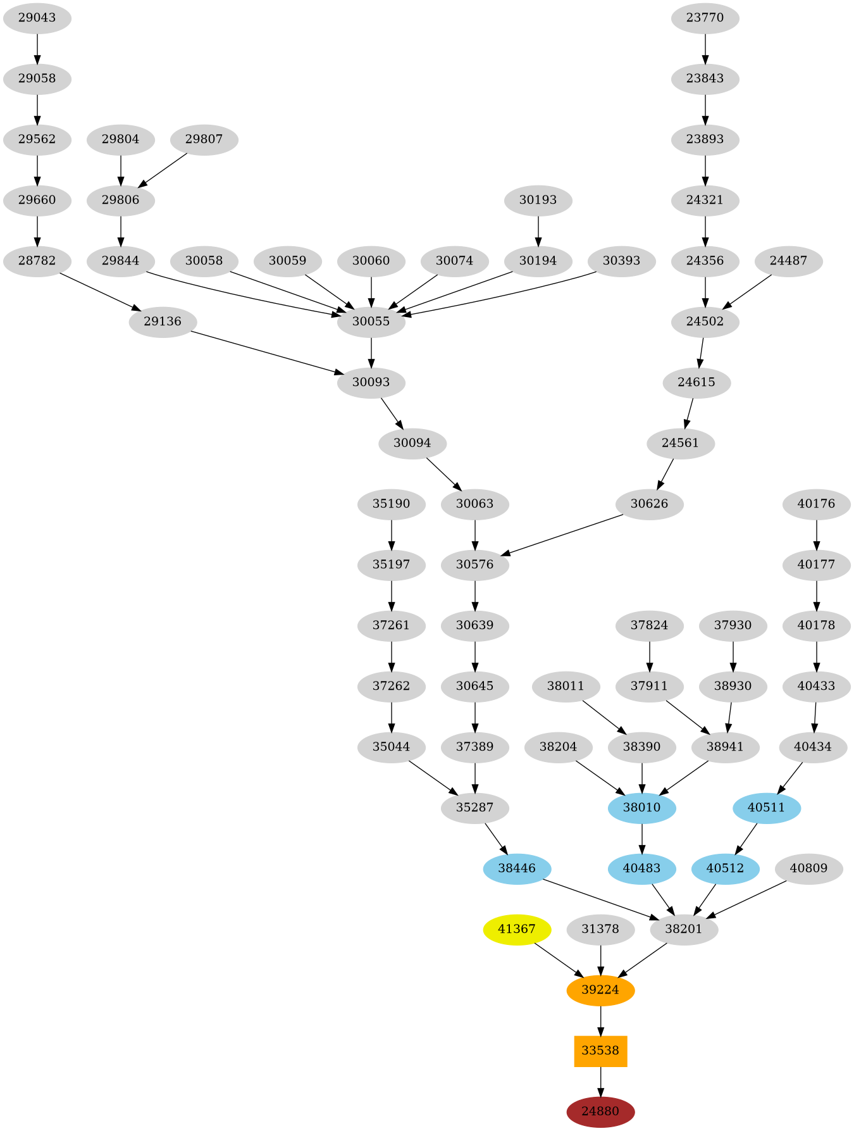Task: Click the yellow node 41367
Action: click(x=517, y=929)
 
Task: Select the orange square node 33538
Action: click(x=600, y=1051)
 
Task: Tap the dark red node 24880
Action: click(x=600, y=1111)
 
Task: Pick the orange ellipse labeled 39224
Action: click(x=600, y=990)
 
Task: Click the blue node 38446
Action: click(x=517, y=868)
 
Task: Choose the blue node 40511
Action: click(x=767, y=808)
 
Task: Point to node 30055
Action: click(x=371, y=322)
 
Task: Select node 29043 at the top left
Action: click(x=37, y=18)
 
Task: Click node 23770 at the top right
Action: click(x=705, y=18)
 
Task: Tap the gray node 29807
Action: click(x=204, y=139)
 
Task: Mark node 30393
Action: click(x=621, y=261)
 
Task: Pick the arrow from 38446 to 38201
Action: click(x=601, y=899)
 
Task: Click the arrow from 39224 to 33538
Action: click(x=600, y=1020)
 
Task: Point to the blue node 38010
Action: click(x=641, y=808)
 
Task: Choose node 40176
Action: click(x=816, y=504)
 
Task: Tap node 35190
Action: click(x=391, y=504)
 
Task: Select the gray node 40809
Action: click(x=808, y=868)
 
